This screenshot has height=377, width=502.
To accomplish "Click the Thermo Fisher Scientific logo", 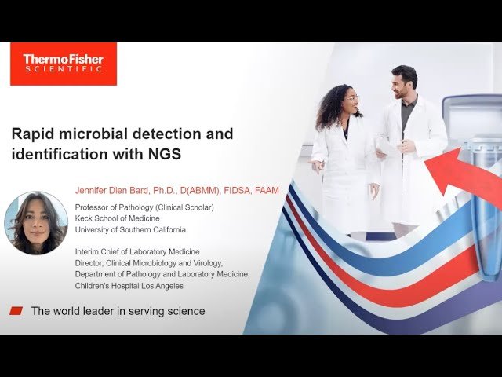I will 63,64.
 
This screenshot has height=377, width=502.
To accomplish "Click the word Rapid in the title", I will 35,134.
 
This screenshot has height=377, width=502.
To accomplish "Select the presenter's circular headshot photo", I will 36,223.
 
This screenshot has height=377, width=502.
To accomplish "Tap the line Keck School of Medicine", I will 117,218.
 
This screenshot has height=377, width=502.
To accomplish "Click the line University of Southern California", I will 130,229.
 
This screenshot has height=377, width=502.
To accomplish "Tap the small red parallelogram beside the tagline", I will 16,311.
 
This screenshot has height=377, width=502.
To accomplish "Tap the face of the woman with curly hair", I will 351,99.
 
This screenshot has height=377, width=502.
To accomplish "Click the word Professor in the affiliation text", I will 94,207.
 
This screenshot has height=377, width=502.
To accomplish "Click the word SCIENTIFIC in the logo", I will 63,70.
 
